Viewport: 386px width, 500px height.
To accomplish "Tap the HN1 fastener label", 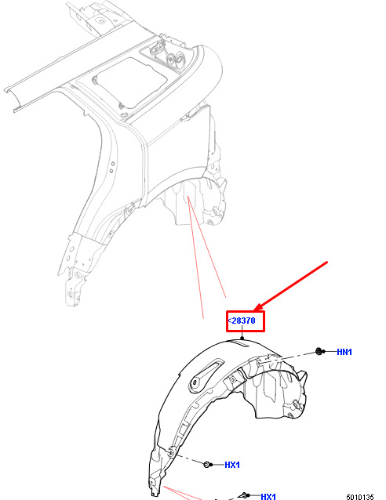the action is (x=344, y=352).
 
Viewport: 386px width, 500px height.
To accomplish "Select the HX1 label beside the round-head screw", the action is (x=232, y=465).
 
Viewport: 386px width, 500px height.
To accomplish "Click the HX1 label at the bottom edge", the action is (x=268, y=496).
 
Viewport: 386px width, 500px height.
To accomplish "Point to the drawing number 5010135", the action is (x=360, y=497).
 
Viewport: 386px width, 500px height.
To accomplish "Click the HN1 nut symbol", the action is (x=319, y=351).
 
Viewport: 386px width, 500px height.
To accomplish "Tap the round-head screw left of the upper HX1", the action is (x=207, y=464).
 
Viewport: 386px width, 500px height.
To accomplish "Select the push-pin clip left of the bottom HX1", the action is (x=244, y=495).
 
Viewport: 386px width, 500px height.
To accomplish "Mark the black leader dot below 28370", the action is (x=242, y=338).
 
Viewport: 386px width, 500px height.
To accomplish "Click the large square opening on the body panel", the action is (x=131, y=83).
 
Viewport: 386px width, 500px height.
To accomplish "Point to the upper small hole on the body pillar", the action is (x=113, y=164).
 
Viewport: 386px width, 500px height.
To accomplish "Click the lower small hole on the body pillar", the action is (x=111, y=171).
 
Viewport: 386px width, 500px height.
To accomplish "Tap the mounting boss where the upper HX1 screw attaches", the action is (x=171, y=452).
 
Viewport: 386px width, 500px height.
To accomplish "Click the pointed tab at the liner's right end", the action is (x=303, y=376).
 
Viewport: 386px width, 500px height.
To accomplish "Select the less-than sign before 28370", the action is (x=230, y=321).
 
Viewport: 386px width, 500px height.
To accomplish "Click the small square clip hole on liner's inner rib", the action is (x=232, y=380).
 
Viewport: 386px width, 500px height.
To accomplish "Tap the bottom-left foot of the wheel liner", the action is (x=154, y=490).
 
